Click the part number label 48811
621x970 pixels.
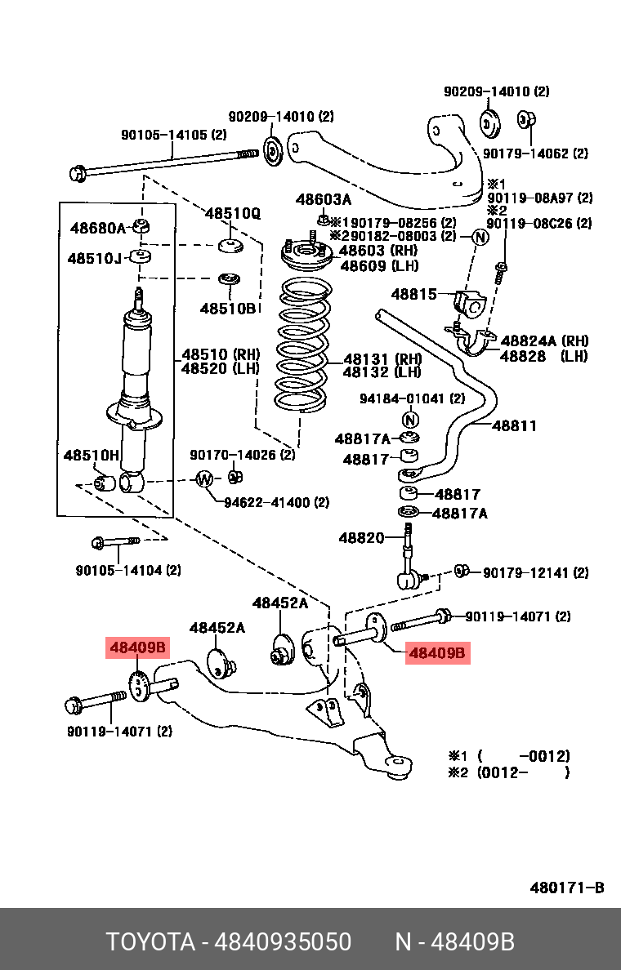(514, 425)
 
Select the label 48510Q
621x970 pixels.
(232, 214)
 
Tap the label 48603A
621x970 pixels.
(324, 200)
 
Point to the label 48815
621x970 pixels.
(414, 294)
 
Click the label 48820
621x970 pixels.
(361, 538)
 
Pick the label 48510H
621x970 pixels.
(92, 454)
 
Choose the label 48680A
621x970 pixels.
(98, 229)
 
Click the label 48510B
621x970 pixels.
(228, 308)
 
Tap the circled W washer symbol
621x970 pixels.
(204, 478)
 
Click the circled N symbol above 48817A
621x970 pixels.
(410, 420)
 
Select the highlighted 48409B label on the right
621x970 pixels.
(437, 653)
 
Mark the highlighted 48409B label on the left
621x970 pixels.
(138, 648)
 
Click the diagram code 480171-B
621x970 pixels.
(567, 888)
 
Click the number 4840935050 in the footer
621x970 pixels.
(282, 942)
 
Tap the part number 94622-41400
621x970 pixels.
(267, 503)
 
